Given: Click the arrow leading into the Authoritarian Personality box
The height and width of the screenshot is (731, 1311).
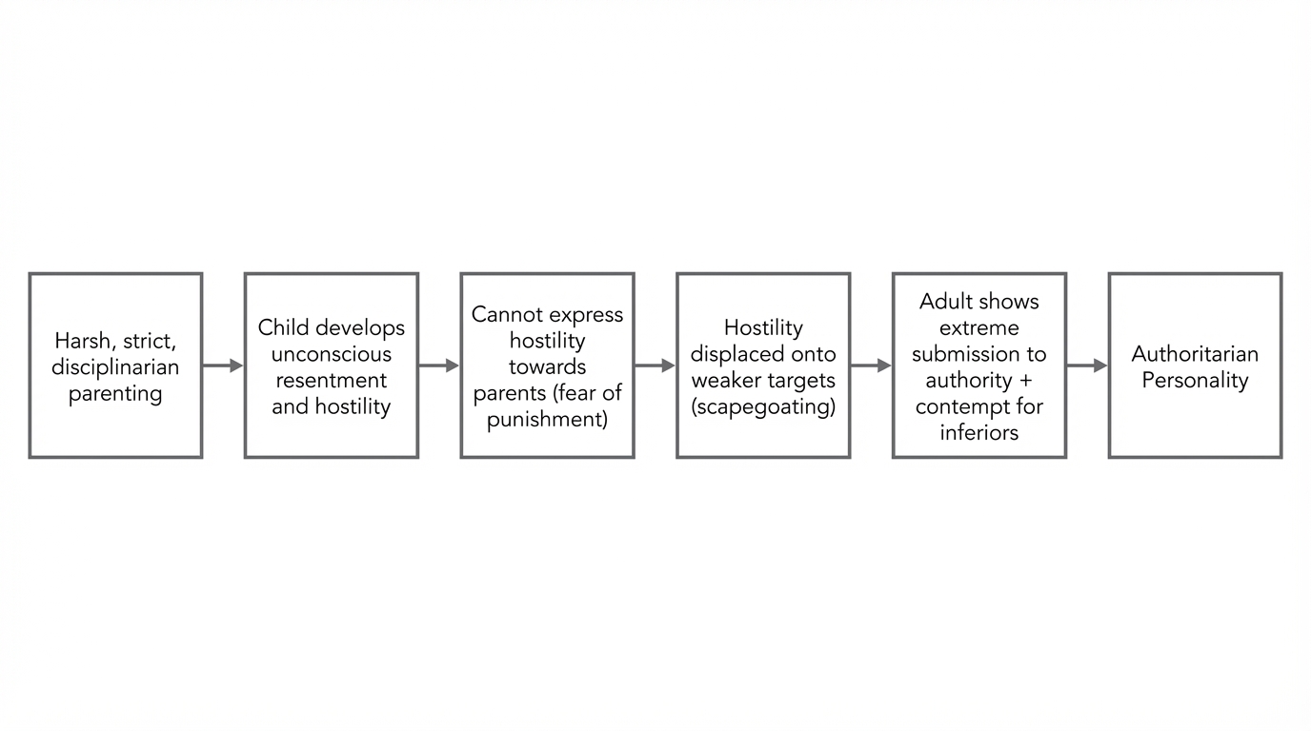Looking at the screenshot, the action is [1087, 365].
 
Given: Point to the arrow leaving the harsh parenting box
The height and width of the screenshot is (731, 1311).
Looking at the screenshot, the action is [223, 365].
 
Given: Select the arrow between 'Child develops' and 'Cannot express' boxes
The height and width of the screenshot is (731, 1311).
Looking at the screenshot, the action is [439, 365].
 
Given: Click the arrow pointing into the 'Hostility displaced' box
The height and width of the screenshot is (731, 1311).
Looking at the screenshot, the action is [655, 365].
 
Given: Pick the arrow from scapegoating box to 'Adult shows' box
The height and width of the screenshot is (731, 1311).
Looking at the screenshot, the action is [871, 365].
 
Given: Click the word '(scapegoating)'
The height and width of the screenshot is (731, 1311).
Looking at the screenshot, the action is [763, 407].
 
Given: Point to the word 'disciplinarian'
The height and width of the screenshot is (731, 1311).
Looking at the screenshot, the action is [115, 367].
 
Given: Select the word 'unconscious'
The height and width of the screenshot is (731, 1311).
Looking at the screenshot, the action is [332, 354].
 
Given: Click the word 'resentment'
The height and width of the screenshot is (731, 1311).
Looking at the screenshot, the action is [332, 380].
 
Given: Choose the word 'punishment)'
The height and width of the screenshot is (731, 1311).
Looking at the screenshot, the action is [547, 420].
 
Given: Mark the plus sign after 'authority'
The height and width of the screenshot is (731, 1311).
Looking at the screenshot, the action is [1025, 381].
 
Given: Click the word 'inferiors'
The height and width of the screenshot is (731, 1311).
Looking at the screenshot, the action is [979, 433].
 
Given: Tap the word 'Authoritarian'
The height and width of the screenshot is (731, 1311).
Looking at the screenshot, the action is [1195, 354].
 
